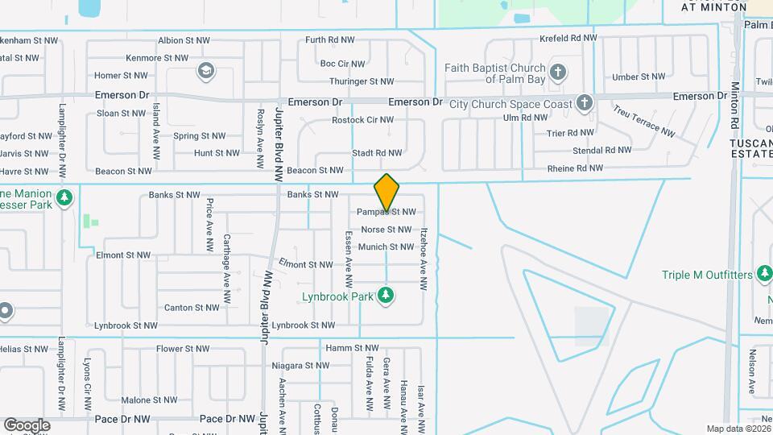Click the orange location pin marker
coord(387,193)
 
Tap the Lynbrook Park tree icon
coord(386,296)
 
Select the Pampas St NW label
coord(386,212)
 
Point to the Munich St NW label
coord(386,247)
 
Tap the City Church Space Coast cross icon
coord(584,103)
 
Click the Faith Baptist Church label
coord(495,73)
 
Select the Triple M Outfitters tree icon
coord(763,275)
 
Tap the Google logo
coord(27,425)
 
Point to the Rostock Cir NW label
coord(363,120)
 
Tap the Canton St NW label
coord(192,308)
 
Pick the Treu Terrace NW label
coord(643,120)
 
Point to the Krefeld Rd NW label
coord(568,38)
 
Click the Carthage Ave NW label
coord(227,261)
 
